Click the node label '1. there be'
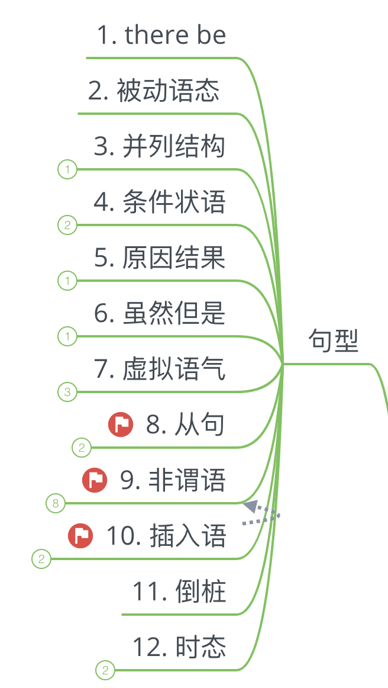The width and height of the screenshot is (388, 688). (x=161, y=36)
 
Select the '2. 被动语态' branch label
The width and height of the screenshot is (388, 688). (x=154, y=91)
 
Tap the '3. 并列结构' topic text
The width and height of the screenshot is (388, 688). (x=160, y=146)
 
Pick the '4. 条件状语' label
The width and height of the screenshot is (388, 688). (x=160, y=202)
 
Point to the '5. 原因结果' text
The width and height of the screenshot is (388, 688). (x=160, y=258)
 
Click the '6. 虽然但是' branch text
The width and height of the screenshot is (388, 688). (x=160, y=313)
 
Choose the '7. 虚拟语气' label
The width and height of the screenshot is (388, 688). (x=160, y=369)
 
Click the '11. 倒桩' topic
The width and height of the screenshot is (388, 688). (x=179, y=591)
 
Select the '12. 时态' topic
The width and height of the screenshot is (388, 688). (x=179, y=647)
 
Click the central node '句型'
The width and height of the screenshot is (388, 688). (x=334, y=341)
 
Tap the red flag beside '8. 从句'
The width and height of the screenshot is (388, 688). (x=121, y=424)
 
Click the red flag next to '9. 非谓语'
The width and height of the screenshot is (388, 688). (x=95, y=480)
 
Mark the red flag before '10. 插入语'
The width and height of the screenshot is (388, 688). (x=80, y=535)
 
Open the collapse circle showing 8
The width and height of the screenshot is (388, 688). (x=56, y=504)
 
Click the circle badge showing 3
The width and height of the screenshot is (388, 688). (x=67, y=392)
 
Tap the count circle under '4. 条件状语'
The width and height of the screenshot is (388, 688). (x=67, y=225)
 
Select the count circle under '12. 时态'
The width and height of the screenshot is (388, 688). (x=105, y=670)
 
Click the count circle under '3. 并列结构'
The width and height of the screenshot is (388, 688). (x=67, y=170)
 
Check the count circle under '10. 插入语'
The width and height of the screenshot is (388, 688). (x=41, y=559)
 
